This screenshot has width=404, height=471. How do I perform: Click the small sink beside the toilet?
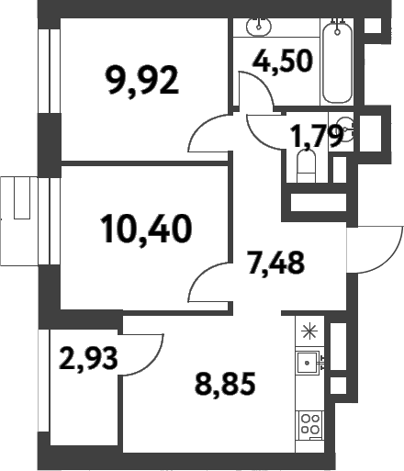click(x=347, y=129)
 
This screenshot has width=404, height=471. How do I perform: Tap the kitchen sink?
click(x=308, y=363)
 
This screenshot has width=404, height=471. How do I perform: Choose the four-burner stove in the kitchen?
click(x=309, y=424)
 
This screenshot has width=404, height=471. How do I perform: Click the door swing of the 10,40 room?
click(x=208, y=280)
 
